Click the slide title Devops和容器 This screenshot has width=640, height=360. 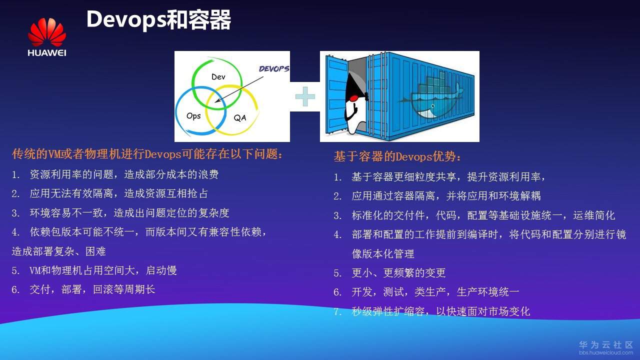pos(158,20)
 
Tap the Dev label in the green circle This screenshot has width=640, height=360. pos(218,76)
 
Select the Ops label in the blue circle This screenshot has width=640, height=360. pos(193,115)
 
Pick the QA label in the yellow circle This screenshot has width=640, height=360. pos(240,118)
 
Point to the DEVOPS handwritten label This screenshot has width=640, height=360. pos(273,69)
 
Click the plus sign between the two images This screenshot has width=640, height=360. pos(305,96)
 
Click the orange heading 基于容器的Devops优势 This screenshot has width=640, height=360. pos(398,156)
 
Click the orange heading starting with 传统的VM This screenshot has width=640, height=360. pos(147,154)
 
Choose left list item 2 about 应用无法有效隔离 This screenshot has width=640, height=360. pos(110,193)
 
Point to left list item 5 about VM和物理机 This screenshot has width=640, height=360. pos(95,270)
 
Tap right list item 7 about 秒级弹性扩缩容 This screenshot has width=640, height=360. pos(432,311)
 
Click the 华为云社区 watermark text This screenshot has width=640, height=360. pos(606,345)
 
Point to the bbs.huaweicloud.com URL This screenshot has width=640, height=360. pos(606,353)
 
